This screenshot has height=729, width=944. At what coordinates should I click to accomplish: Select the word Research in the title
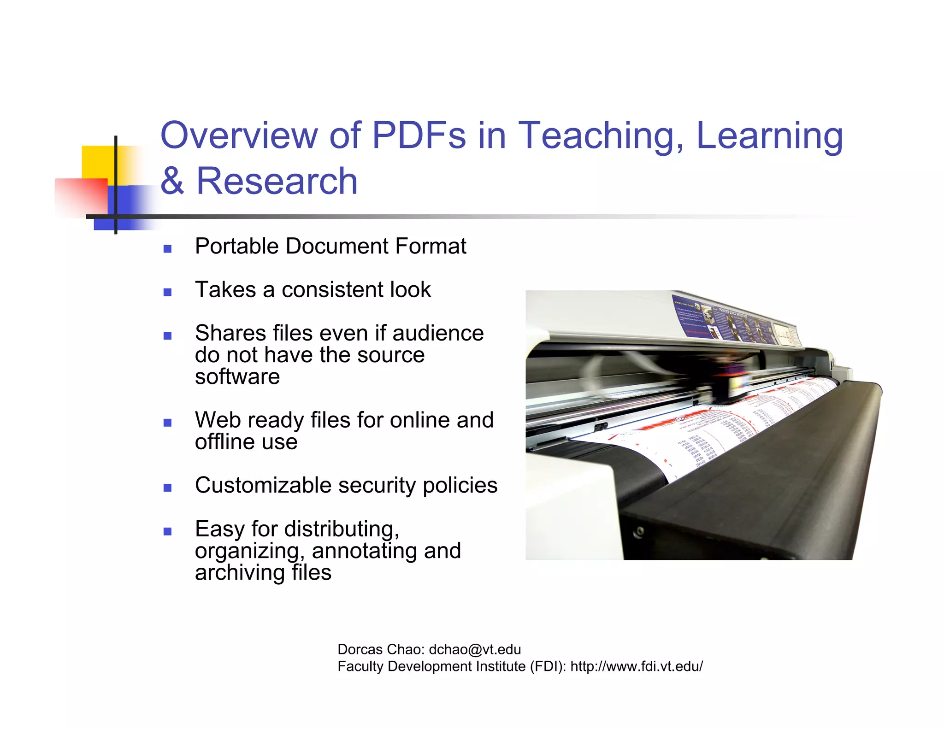pos(277,181)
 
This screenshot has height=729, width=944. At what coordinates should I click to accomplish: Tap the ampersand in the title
pos(172,181)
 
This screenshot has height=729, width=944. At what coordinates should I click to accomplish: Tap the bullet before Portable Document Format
pos(167,249)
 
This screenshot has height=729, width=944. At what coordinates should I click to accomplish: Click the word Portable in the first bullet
pos(235,246)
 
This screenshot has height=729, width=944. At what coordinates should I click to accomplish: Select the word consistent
pos(332,290)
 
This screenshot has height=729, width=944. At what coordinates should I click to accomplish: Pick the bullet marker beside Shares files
pos(167,335)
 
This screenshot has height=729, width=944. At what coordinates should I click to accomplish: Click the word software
pos(237,376)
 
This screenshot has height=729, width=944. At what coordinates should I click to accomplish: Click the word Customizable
pos(263,486)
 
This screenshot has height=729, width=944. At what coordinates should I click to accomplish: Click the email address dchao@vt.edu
pos(474,649)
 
